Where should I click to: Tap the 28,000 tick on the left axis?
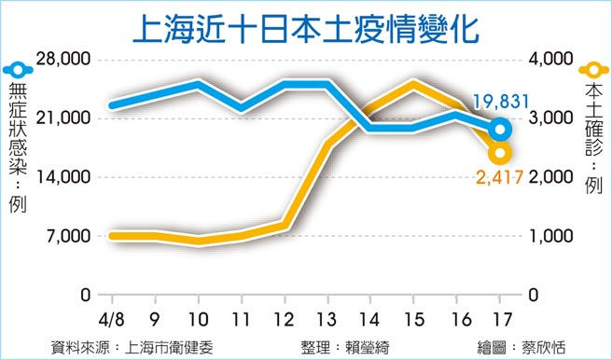[63, 60]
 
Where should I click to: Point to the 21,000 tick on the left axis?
[63, 118]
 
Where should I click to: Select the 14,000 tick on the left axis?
[63, 177]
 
